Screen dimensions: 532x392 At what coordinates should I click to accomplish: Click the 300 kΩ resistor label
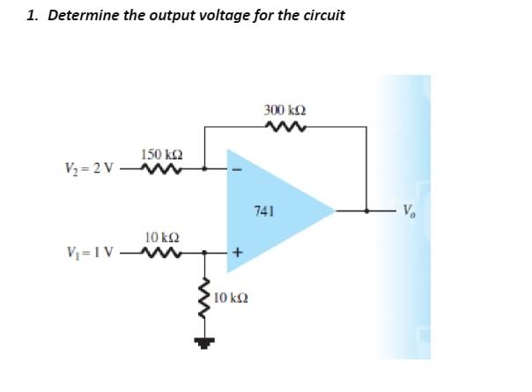[285, 110]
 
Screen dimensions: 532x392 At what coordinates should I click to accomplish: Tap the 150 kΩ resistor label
[162, 154]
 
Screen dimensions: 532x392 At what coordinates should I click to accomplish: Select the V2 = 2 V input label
[89, 167]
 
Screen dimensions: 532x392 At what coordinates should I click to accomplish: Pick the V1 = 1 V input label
[90, 251]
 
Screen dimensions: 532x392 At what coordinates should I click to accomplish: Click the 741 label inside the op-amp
[264, 211]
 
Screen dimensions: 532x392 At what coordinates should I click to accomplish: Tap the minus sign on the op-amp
[238, 169]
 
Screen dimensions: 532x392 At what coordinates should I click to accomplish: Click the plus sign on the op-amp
[238, 252]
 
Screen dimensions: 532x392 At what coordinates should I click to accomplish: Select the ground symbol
[204, 344]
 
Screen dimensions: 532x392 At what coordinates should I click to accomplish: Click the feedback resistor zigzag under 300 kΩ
[285, 127]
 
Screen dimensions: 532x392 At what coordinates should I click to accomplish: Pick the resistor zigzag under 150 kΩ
[161, 168]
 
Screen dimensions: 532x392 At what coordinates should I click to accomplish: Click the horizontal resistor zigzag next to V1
[161, 252]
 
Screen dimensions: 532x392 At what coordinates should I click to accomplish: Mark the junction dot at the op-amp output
[366, 211]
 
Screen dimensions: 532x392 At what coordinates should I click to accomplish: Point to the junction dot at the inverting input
[204, 168]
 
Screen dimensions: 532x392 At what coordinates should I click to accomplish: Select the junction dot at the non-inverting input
[204, 252]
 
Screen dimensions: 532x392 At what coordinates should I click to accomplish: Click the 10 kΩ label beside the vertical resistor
[231, 299]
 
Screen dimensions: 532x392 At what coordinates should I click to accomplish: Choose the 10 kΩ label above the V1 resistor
[162, 237]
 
